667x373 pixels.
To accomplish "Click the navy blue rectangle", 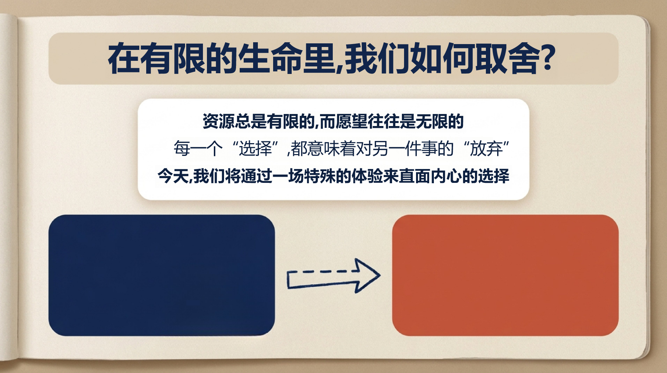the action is pos(161,275).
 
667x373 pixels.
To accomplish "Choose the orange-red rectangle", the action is pos(505,275).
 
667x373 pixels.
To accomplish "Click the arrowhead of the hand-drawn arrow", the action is pos(367,275).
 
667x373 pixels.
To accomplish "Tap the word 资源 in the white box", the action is pos(218,121).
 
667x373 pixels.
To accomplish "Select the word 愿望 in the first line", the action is pos(351,121).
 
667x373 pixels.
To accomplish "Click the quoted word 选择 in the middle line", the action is pos(255,148).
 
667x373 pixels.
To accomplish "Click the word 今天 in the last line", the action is pos(173,176).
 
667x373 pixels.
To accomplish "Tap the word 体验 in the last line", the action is pos(367,176).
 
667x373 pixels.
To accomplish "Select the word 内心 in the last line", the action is pos(446,176).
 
